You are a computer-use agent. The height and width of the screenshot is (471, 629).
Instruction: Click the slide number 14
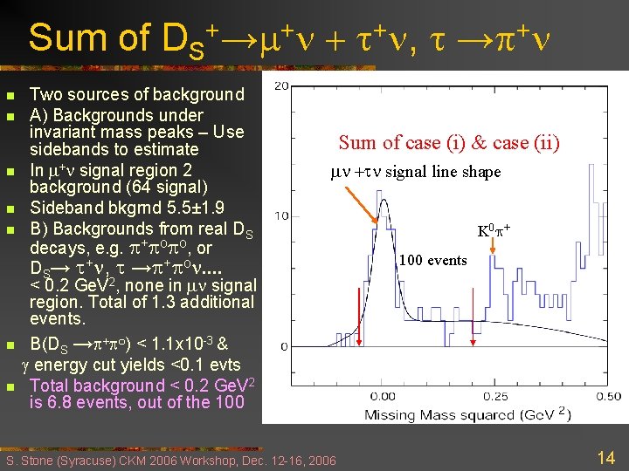[x=605, y=456]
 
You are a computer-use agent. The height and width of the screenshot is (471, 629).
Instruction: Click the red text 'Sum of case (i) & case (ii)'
[x=448, y=143]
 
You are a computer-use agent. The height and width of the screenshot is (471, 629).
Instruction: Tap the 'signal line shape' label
[x=443, y=172]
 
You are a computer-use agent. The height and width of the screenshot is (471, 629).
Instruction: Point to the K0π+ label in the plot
[x=494, y=232]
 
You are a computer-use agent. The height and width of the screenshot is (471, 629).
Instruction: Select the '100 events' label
[x=433, y=261]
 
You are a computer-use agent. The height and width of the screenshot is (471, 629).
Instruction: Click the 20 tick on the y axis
[x=282, y=85]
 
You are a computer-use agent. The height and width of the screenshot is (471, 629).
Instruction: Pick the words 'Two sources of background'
[x=137, y=95]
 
